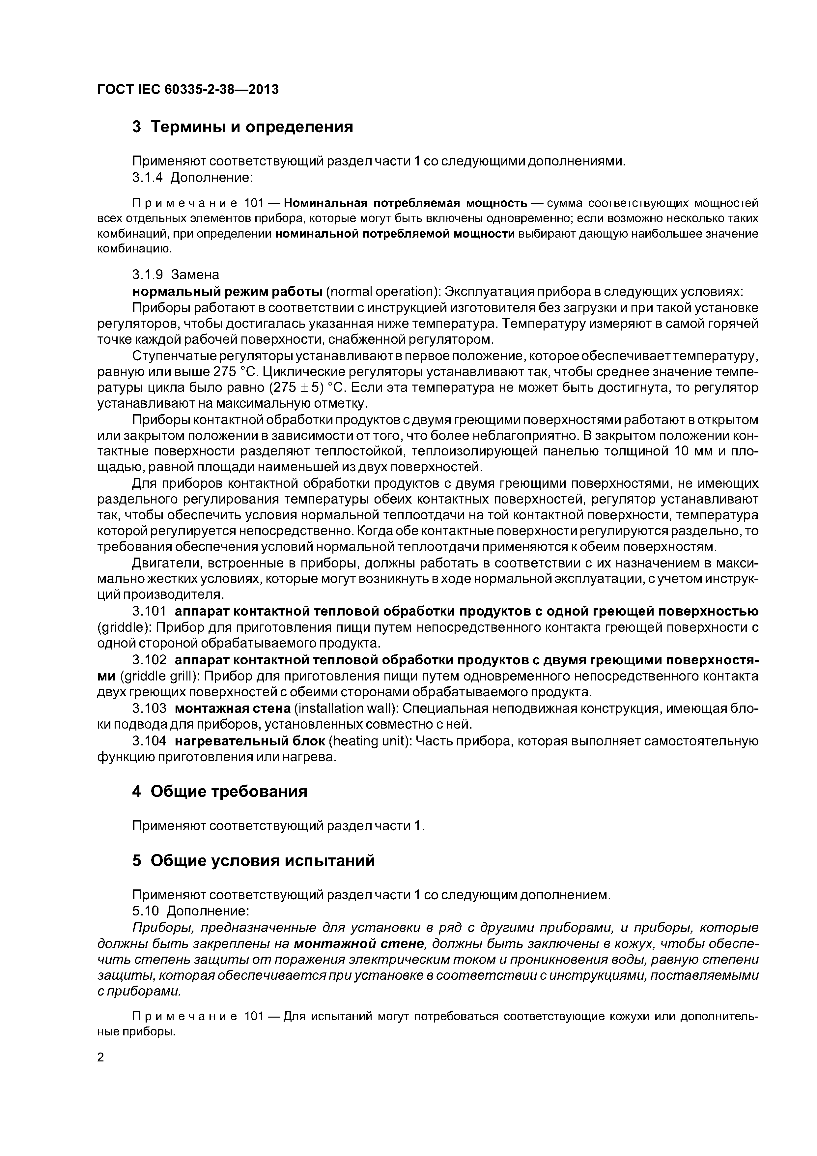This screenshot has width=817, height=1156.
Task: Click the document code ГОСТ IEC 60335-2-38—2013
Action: tap(188, 90)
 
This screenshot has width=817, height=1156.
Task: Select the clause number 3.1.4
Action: tap(148, 178)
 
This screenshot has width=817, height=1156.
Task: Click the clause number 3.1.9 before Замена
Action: tap(148, 275)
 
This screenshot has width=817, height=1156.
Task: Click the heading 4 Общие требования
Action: tap(219, 792)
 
